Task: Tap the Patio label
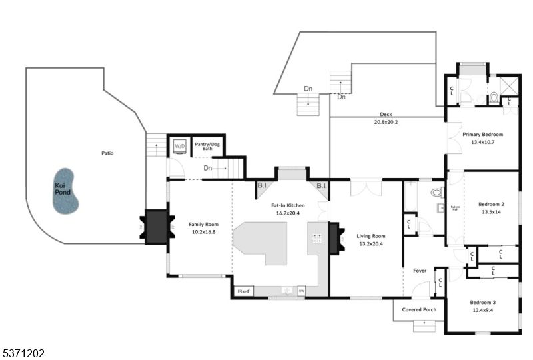pyautogui.click(x=107, y=153)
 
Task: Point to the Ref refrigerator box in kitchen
pyautogui.click(x=243, y=291)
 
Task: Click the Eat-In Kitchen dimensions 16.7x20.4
pyautogui.click(x=288, y=213)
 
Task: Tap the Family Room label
pyautogui.click(x=203, y=225)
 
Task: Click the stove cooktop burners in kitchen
pyautogui.click(x=318, y=238)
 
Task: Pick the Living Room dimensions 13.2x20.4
pyautogui.click(x=371, y=243)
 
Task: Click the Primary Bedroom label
pyautogui.click(x=482, y=135)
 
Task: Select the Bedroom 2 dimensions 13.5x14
pyautogui.click(x=492, y=211)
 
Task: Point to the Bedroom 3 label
pyautogui.click(x=483, y=302)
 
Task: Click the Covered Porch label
pyautogui.click(x=420, y=309)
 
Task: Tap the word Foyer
pyautogui.click(x=420, y=271)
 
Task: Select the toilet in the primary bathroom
pyautogui.click(x=494, y=98)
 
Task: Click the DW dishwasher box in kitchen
pyautogui.click(x=302, y=291)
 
